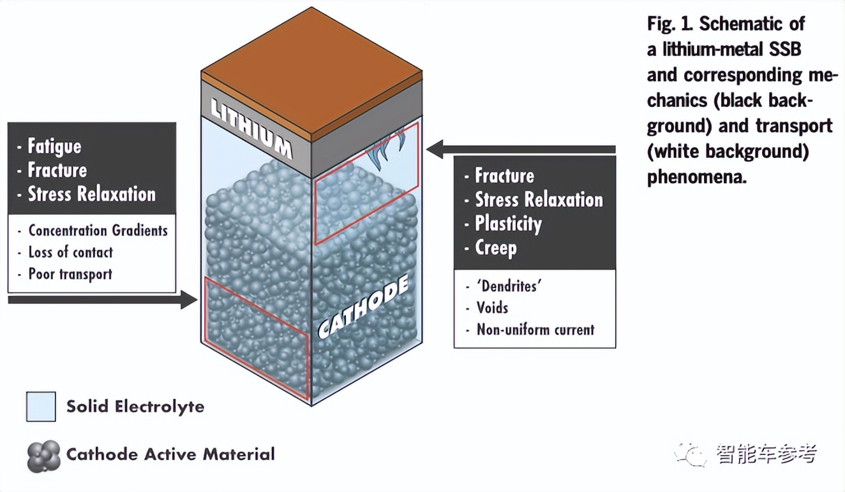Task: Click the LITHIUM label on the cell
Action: click(251, 131)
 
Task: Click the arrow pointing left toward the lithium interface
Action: click(521, 150)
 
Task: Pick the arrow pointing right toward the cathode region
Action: click(102, 299)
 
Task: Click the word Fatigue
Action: click(54, 147)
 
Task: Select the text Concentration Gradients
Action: click(98, 230)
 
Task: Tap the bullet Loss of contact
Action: click(70, 252)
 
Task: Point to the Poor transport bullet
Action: click(70, 275)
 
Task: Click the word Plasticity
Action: click(508, 224)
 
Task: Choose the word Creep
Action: click(495, 247)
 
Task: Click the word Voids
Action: click(492, 308)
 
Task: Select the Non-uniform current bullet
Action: click(535, 329)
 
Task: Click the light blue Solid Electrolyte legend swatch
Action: click(41, 406)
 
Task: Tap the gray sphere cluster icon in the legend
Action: click(44, 455)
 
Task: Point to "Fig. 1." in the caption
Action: click(669, 24)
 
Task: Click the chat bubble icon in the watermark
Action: click(691, 454)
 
